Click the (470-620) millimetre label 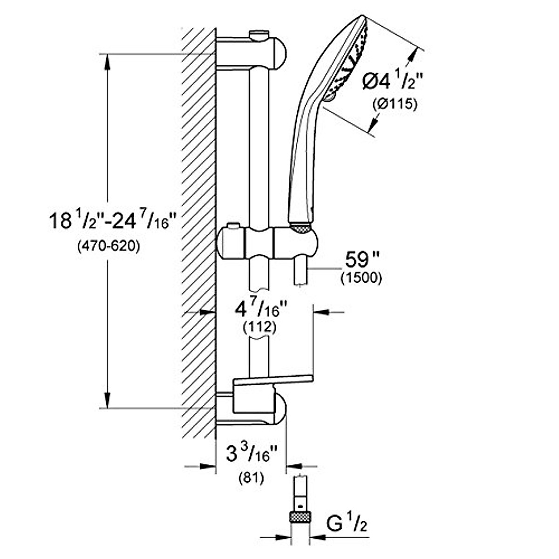[109, 246]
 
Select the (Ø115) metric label [395, 104]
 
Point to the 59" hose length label [362, 260]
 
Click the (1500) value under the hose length [361, 279]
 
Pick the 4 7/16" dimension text [261, 309]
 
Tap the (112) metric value [259, 327]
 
